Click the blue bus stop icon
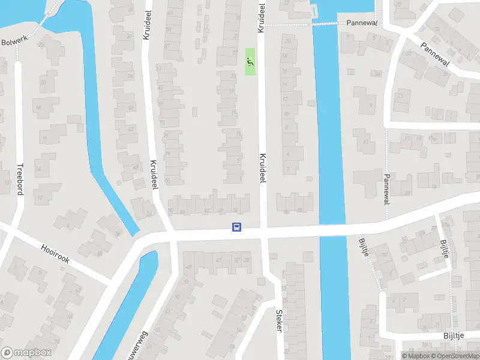tap(237, 227)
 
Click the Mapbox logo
tap(26, 353)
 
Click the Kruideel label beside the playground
tap(261, 18)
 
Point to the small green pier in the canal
tap(313, 11)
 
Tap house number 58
tap(118, 234)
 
